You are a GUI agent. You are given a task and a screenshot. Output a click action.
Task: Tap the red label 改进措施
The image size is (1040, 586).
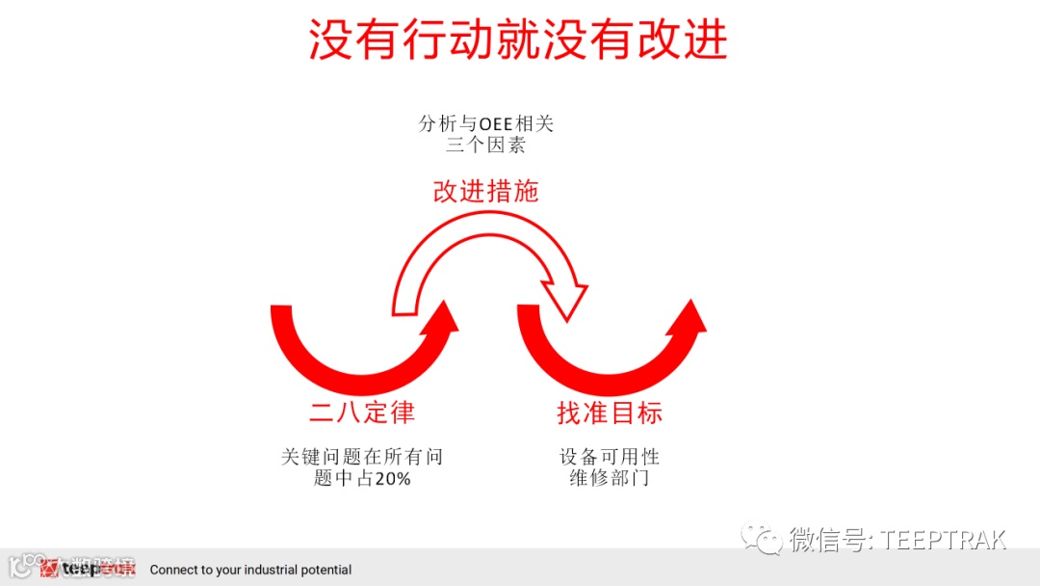pos(485,191)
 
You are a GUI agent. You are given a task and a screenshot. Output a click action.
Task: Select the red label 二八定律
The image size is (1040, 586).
pos(362,413)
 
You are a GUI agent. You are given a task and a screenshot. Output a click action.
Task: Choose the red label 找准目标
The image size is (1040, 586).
pos(610,413)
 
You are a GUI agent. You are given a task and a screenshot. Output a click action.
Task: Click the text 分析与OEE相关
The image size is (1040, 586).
pos(486,124)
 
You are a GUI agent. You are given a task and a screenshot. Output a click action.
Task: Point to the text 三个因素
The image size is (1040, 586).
pos(486,146)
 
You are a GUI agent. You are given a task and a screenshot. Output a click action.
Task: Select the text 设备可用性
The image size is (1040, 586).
pos(610,457)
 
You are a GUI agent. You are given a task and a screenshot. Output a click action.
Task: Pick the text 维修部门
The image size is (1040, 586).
pos(610,479)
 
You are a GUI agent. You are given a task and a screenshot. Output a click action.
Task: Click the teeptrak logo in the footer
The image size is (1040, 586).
pos(87,569)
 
